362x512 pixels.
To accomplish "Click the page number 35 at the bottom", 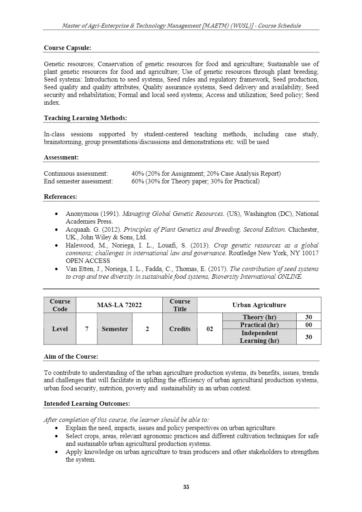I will [186, 487].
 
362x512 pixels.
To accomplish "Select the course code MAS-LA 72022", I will [119, 305].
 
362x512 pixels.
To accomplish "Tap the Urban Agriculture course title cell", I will [259, 305].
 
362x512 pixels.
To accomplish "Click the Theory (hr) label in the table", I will [259, 317].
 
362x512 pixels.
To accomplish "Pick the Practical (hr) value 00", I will [308, 325].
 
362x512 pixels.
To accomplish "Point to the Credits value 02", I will [210, 329].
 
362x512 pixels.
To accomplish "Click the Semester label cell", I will [115, 329].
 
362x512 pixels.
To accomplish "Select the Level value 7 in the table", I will [87, 329].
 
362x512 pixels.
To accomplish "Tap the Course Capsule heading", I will [67, 48].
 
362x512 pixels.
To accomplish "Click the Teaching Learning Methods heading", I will [85, 118].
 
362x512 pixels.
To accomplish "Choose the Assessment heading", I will [61, 157].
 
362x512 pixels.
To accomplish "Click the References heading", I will [60, 197].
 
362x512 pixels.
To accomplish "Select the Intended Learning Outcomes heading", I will [87, 404].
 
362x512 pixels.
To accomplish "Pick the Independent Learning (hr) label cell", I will [259, 337].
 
